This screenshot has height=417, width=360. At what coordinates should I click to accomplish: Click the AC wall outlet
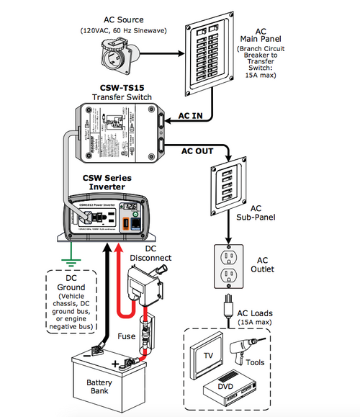point(228,269)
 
